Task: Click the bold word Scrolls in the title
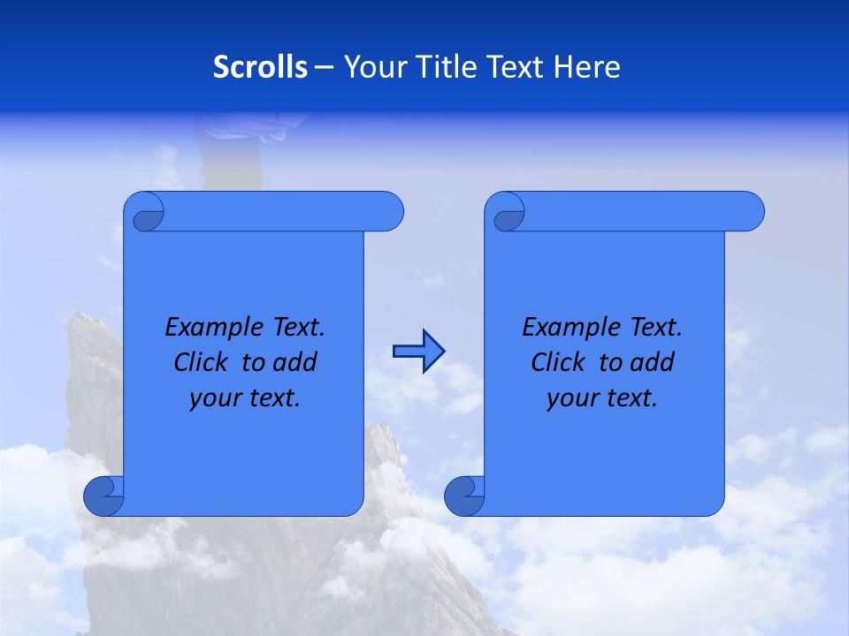click(260, 67)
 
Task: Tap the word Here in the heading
click(586, 67)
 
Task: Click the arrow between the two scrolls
click(418, 352)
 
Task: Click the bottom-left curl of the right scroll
click(464, 496)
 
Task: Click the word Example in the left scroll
click(207, 328)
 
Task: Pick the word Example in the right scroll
click(564, 328)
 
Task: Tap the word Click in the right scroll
click(557, 362)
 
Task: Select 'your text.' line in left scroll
click(245, 398)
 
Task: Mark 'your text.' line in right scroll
click(602, 398)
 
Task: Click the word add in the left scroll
click(296, 362)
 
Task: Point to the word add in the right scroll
click(654, 362)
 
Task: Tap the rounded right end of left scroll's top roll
click(389, 211)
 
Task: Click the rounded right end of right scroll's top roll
click(750, 211)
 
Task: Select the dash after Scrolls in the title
click(324, 67)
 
